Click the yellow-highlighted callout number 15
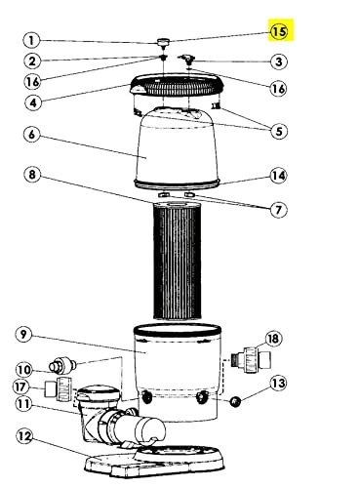coord(279,31)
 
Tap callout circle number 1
coord(31,41)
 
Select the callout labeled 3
coord(279,61)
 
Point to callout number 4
coord(33,102)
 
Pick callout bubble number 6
coord(31,134)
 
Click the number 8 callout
coord(32,175)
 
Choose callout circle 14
coord(279,176)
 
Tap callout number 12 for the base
coord(24,436)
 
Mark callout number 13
coord(279,384)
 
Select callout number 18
coord(273,339)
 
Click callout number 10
coord(24,370)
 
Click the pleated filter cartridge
coord(178,261)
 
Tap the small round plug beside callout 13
coord(235,401)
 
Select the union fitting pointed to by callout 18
coord(251,359)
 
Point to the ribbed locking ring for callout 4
coord(179,85)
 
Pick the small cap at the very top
coord(164,41)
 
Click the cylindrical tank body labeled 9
coord(178,373)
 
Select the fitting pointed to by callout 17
coord(58,389)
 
